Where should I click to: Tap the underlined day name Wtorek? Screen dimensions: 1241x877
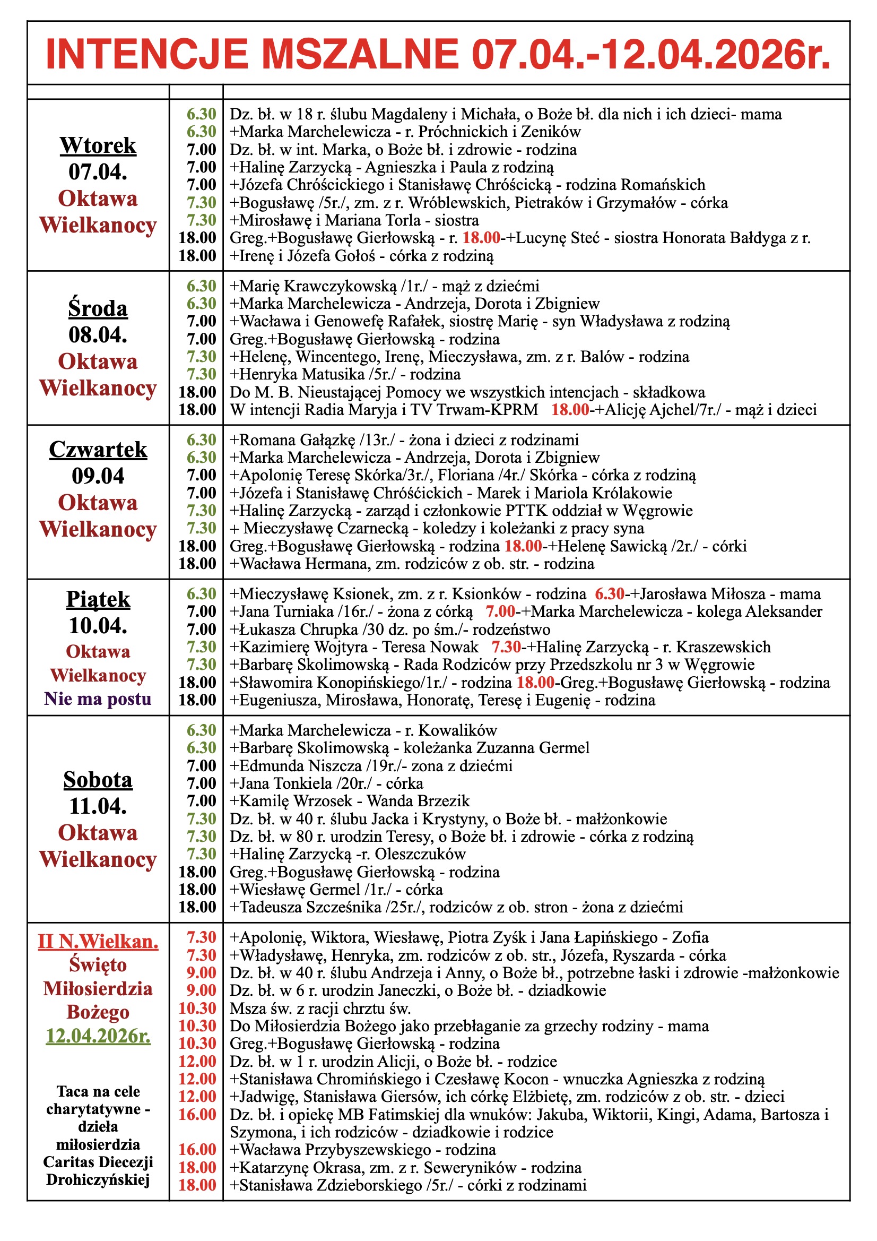click(x=98, y=145)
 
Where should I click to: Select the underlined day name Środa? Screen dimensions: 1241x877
click(x=98, y=308)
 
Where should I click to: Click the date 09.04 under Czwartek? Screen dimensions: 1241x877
click(x=98, y=476)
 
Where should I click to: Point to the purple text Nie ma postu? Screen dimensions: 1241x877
click(x=98, y=699)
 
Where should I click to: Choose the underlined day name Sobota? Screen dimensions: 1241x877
click(x=98, y=779)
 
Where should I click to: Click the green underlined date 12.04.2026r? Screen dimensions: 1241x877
click(x=98, y=1036)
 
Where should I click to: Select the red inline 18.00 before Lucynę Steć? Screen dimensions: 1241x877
click(x=481, y=238)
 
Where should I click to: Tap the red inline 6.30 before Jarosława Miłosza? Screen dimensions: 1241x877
click(x=610, y=594)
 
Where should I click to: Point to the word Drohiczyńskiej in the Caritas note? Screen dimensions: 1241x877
click(x=98, y=1179)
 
